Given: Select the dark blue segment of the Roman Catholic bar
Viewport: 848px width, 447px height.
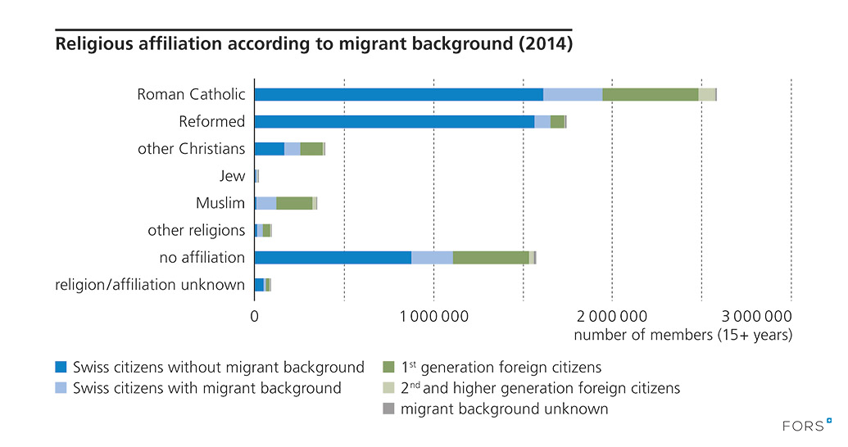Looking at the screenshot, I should [x=398, y=94].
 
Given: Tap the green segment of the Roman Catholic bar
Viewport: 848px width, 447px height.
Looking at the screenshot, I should [x=650, y=94].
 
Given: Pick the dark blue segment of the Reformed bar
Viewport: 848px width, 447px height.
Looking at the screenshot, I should [x=394, y=121].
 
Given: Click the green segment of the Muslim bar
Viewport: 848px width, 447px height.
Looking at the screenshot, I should [x=294, y=203].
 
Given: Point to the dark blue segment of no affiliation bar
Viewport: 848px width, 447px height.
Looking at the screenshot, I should [x=333, y=257].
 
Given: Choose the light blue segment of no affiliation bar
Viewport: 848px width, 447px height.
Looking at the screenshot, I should [x=432, y=257].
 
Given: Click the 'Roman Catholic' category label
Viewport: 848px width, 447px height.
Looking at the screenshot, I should [x=191, y=94].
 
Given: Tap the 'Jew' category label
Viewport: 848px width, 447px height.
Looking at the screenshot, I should [x=232, y=176].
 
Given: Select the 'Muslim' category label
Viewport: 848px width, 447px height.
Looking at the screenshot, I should [x=220, y=203].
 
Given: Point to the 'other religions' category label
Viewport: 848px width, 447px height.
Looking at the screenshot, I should [x=196, y=230].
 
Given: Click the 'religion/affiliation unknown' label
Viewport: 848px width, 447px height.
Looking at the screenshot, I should [x=150, y=285].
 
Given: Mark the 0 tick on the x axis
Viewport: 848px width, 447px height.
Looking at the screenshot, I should [x=255, y=316].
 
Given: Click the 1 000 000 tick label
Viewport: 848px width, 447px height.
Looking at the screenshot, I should [x=433, y=316].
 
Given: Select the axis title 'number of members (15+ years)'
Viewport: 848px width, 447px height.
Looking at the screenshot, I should [x=682, y=336].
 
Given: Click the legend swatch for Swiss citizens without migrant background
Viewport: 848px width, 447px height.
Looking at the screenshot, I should [x=60, y=367].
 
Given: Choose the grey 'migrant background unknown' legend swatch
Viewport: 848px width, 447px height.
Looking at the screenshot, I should [x=389, y=408].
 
